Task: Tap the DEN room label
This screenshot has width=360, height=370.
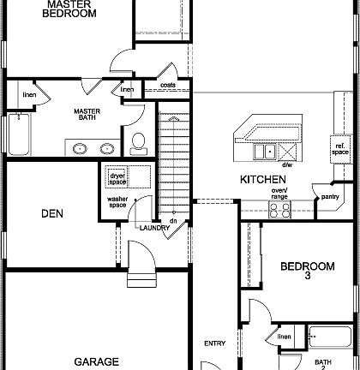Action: point(53,213)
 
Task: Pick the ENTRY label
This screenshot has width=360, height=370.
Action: point(214,343)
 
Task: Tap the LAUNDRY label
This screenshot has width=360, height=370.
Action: point(154,227)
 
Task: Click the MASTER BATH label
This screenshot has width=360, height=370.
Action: point(87,114)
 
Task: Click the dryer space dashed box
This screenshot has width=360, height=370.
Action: point(117,179)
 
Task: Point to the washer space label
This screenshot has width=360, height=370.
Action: point(117,203)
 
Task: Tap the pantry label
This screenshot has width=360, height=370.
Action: point(329,197)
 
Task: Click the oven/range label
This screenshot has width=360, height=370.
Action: point(279,194)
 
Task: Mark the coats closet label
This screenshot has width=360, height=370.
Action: point(168,85)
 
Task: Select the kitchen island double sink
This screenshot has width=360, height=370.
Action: point(265,152)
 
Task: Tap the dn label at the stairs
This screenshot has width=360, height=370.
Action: point(172,221)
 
